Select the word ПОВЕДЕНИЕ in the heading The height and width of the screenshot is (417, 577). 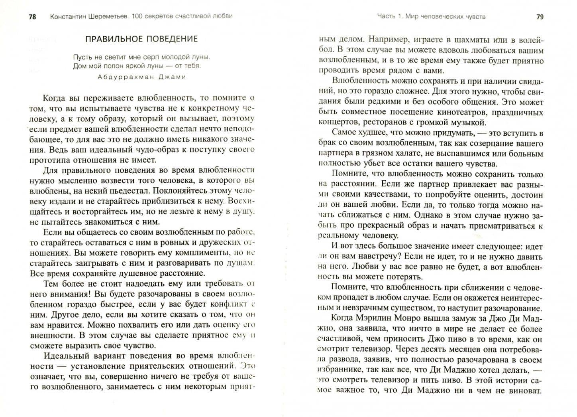[171, 39]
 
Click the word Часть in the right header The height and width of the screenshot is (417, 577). [386, 17]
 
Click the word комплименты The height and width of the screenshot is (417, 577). [195, 253]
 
